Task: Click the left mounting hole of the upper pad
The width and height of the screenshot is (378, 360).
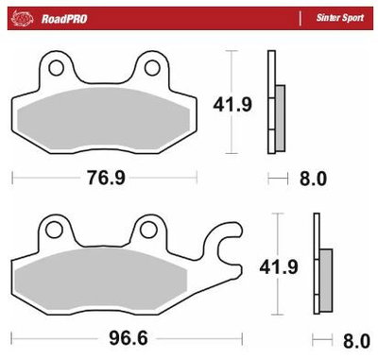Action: (57, 67)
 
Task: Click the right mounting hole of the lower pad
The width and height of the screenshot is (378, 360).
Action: (146, 228)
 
